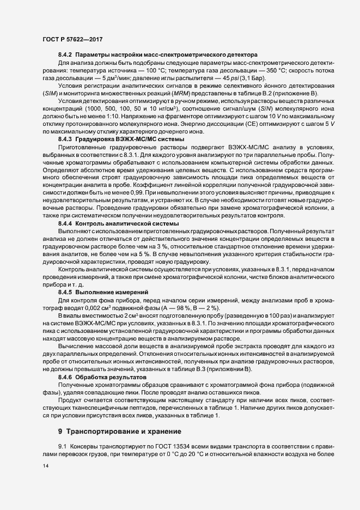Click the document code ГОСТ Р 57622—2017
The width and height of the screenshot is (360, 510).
[72, 40]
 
